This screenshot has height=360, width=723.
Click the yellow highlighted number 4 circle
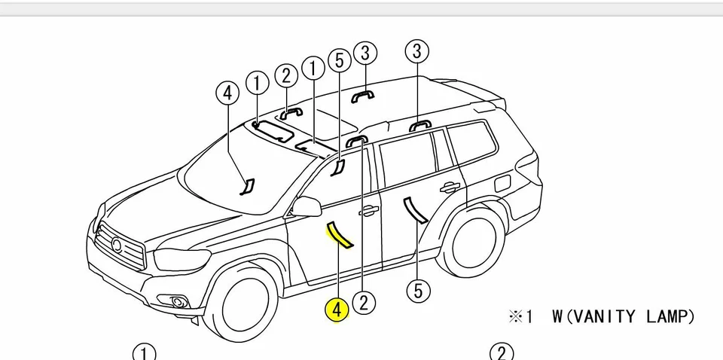point(337,309)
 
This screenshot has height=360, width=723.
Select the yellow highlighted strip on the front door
point(338,235)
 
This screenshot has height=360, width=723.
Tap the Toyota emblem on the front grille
point(116,244)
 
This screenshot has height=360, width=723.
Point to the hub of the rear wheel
point(473,240)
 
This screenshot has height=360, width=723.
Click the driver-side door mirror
point(307,206)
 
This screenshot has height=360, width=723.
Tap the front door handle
point(368,212)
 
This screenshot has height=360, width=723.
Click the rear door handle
point(450,187)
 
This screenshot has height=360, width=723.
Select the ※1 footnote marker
point(520,317)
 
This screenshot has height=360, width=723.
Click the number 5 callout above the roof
point(340,60)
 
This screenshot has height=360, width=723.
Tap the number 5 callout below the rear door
point(418,290)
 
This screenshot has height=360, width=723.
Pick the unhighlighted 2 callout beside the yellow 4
point(364,303)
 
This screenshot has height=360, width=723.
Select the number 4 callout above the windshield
point(227,93)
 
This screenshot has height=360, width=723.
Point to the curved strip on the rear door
point(415,210)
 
